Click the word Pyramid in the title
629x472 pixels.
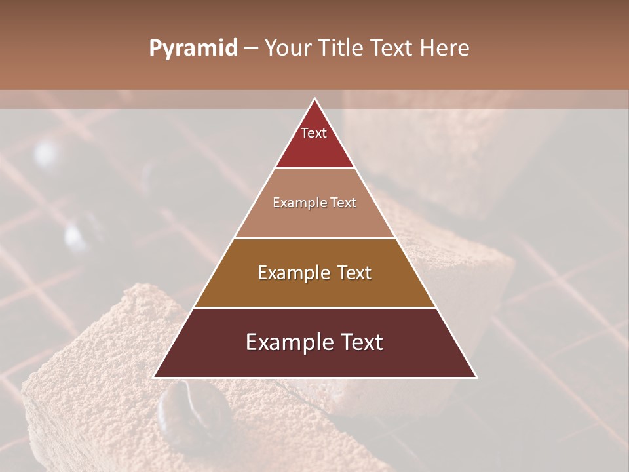[x=193, y=49]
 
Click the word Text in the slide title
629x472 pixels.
[x=393, y=48]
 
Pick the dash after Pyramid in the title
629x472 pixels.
[x=250, y=49]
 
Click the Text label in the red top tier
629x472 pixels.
[x=314, y=133]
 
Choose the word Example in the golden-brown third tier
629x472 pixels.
[x=292, y=273]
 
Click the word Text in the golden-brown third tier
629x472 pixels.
[x=353, y=273]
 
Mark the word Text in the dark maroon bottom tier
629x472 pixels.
[x=358, y=342]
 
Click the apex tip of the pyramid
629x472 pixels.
[x=315, y=98]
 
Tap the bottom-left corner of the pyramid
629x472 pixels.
[x=154, y=378]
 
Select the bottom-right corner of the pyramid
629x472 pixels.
[x=476, y=378]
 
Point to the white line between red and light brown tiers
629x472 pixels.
[x=315, y=168]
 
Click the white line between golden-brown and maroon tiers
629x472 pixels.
[x=315, y=307]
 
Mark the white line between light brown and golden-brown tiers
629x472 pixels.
[x=315, y=238]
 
